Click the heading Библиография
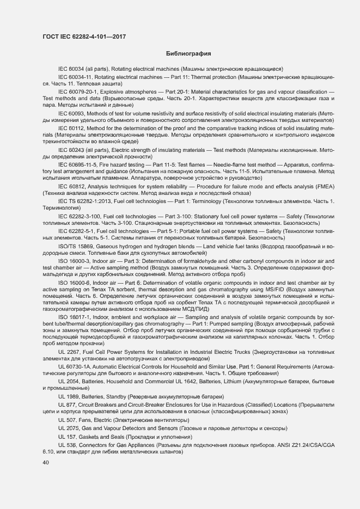pos(188,54)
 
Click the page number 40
pos(46,463)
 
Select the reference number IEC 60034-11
pos(76,78)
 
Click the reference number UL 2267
pos(69,352)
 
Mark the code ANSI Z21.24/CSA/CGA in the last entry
pos(303,445)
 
